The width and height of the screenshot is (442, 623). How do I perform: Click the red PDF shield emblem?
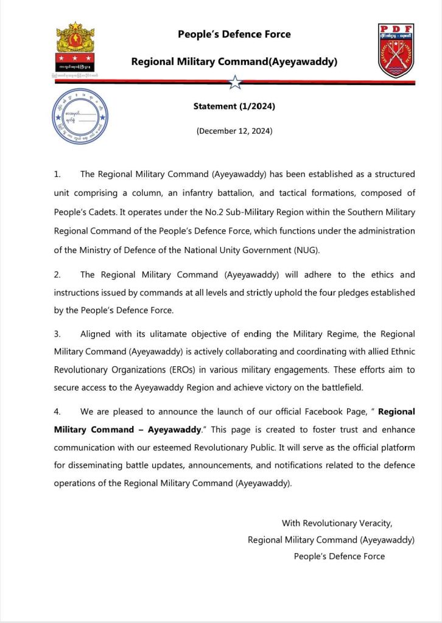[x=396, y=51]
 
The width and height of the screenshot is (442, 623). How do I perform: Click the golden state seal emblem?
[x=75, y=48]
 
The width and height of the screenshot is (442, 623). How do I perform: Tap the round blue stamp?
[x=80, y=116]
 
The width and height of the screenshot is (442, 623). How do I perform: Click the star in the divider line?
[x=235, y=82]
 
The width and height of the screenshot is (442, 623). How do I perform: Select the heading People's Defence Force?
[x=234, y=35]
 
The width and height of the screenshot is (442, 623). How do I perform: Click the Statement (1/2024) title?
[x=234, y=106]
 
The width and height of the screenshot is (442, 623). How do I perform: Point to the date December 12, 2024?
[x=234, y=131]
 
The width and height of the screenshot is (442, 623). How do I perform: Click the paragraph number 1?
[x=57, y=175]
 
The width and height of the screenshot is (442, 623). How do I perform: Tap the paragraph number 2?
[x=57, y=274]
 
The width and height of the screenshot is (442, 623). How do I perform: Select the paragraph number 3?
[x=57, y=334]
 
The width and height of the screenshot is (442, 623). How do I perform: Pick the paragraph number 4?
[x=57, y=411]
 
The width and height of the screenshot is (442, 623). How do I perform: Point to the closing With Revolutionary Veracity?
[x=337, y=523]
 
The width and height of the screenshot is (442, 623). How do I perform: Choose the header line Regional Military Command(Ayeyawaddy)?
[x=234, y=62]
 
